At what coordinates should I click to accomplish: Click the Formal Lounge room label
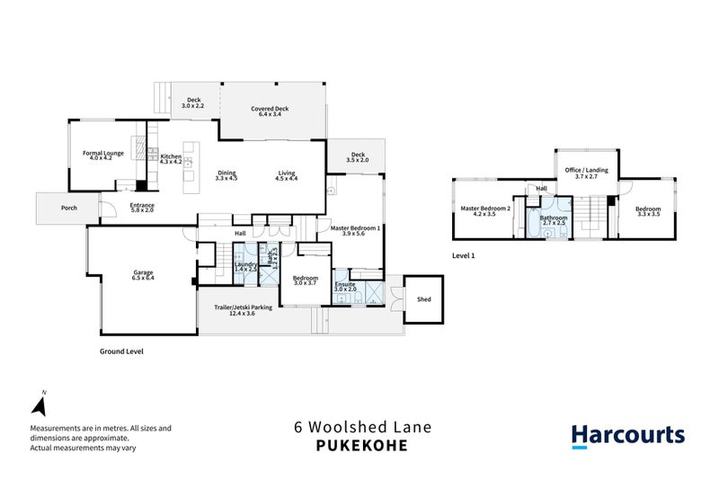click(x=103, y=153)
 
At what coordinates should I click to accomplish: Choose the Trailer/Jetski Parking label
click(x=243, y=308)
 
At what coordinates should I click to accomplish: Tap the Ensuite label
click(x=345, y=283)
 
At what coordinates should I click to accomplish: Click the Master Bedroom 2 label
click(x=485, y=209)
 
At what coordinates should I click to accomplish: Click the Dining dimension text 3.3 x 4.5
click(x=226, y=179)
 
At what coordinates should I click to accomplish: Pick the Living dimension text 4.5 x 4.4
click(x=286, y=179)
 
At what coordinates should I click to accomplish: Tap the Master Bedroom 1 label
click(x=356, y=228)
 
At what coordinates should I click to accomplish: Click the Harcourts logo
click(x=628, y=436)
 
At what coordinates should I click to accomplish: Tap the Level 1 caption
click(x=464, y=256)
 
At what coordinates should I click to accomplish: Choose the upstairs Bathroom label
click(x=553, y=217)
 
